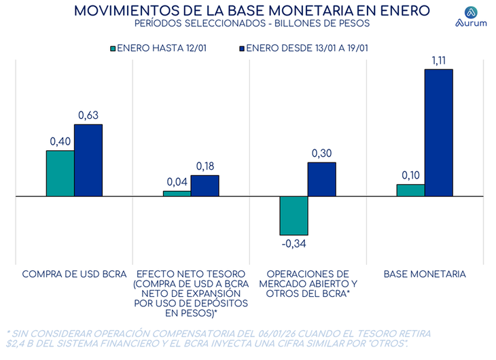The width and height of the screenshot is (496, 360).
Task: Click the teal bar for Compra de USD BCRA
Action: point(60,173)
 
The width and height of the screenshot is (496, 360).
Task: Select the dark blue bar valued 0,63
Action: point(88,160)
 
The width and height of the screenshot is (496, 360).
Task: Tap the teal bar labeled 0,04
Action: point(177,194)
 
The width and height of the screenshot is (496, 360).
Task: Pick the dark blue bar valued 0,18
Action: point(205,185)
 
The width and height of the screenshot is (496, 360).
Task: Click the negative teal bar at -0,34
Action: point(294,215)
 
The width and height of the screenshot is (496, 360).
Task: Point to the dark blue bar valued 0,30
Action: point(321,179)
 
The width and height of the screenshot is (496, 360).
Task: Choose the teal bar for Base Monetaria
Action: point(410,190)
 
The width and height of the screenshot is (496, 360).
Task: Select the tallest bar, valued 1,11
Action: point(438,132)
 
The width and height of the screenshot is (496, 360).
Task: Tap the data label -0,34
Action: point(293,243)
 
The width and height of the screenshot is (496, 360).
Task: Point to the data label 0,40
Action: point(60,141)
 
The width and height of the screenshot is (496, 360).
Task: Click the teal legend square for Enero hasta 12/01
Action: point(113,48)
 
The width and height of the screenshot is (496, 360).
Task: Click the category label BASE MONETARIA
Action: point(425,274)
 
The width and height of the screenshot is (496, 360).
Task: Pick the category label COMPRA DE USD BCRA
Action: point(75,274)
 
